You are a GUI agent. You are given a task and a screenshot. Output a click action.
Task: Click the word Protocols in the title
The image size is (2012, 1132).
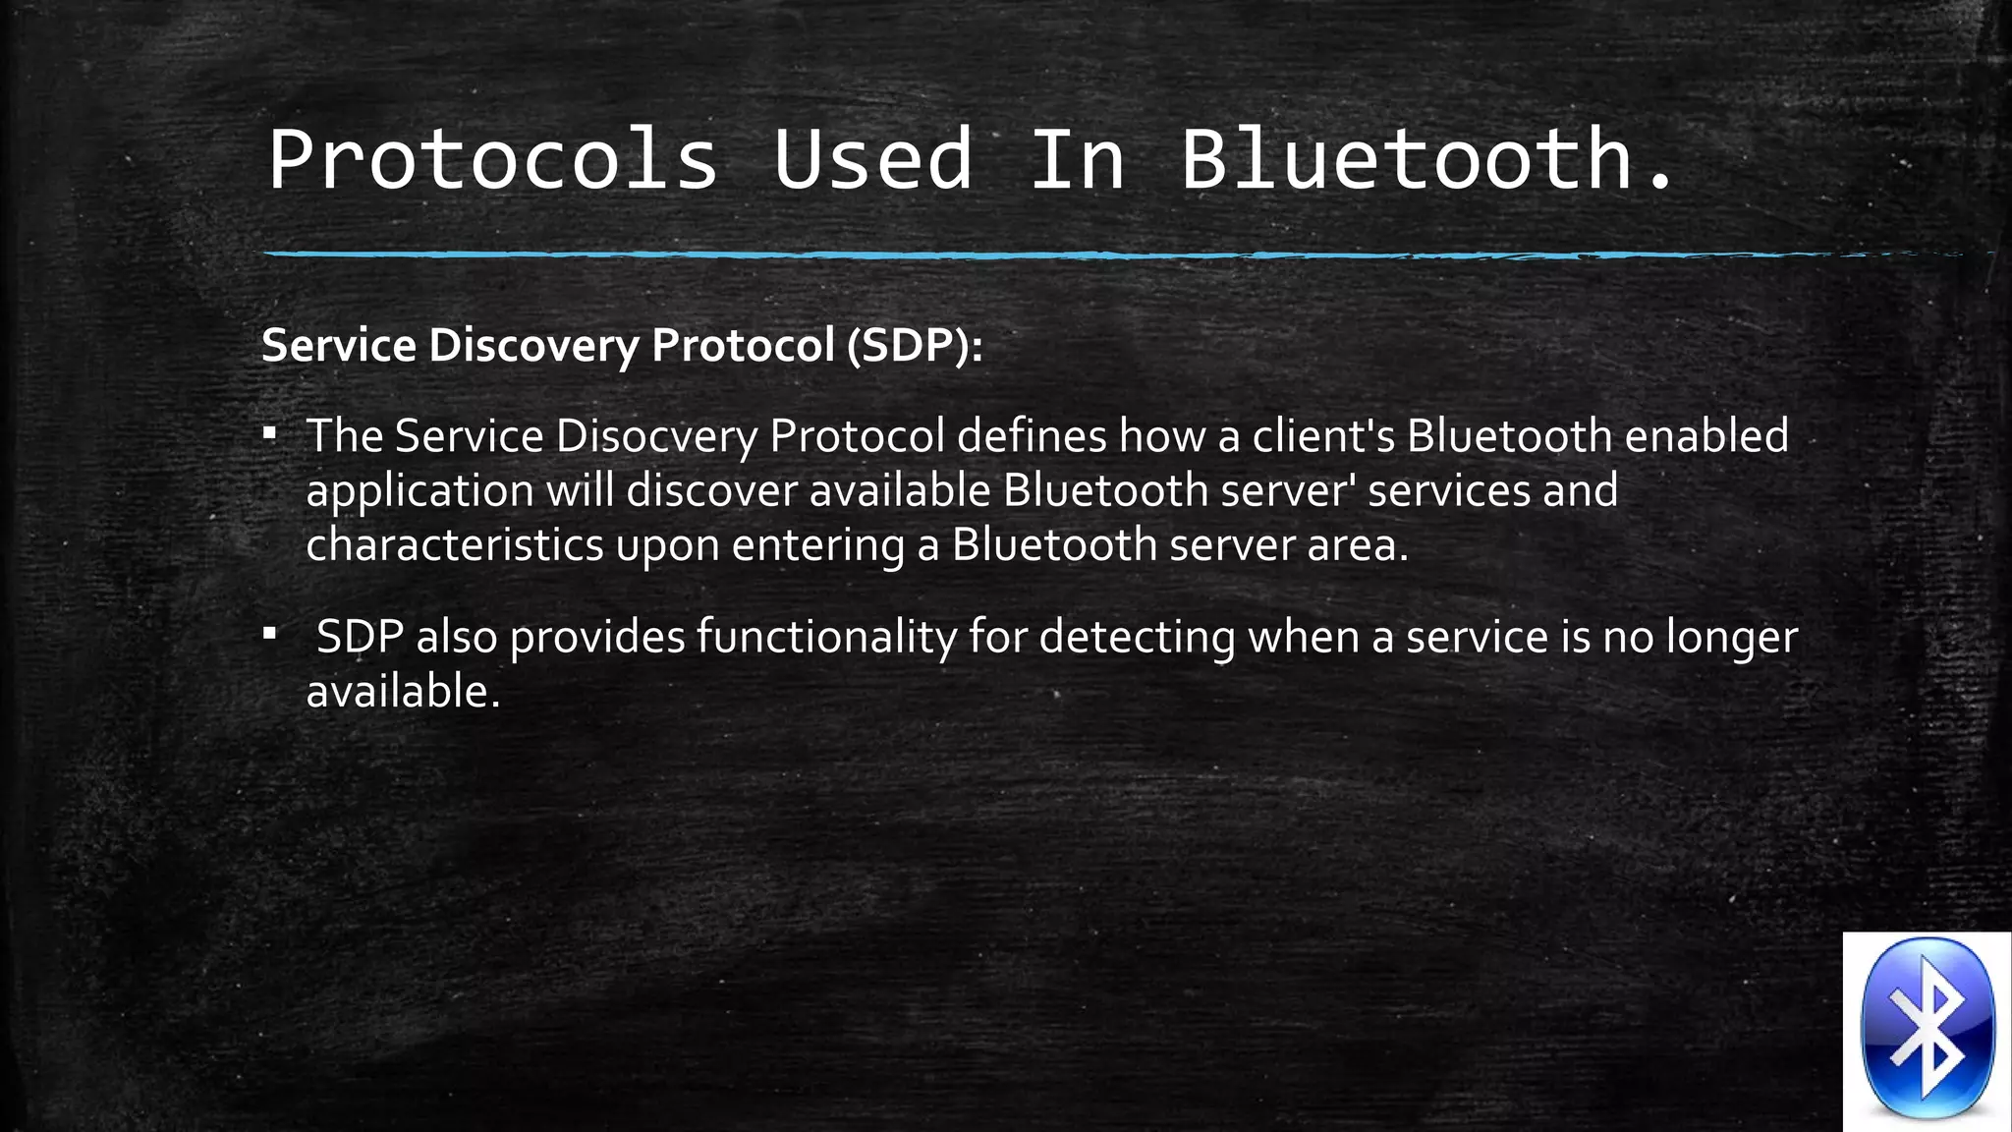point(493,159)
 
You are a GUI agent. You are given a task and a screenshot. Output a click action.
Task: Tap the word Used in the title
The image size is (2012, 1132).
point(872,159)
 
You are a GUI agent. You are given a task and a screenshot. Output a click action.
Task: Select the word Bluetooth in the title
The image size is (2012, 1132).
point(1406,159)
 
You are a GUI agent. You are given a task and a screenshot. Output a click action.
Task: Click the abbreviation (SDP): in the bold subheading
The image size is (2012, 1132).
point(915,346)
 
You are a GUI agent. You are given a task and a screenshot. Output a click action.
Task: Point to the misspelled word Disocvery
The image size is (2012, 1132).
point(656,436)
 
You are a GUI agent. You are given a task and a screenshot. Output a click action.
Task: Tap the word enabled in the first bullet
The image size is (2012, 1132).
point(1706,436)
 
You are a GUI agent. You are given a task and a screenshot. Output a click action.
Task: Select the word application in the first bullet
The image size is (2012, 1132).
point(419,491)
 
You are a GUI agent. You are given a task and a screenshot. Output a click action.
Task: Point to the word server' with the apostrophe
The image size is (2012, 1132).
point(1287,490)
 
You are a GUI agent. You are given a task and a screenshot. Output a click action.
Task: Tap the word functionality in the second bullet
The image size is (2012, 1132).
point(826,637)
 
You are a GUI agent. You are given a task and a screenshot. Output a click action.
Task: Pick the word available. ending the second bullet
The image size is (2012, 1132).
point(404,692)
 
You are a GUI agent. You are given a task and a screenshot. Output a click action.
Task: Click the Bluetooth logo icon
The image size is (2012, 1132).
point(1927,1030)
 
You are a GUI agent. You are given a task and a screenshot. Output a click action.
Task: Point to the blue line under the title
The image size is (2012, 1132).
point(1081,255)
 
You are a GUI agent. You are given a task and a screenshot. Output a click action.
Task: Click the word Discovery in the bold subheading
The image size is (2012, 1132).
point(533,346)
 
